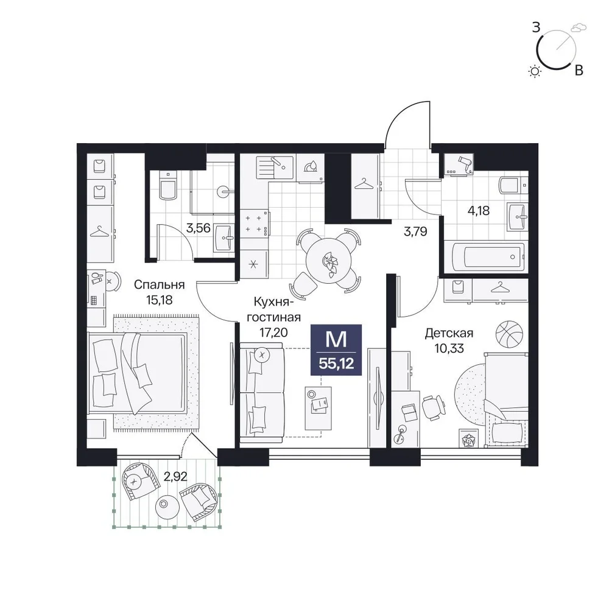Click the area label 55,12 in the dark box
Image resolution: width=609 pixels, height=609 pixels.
pyautogui.click(x=336, y=363)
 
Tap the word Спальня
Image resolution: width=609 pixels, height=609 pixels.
pyautogui.click(x=159, y=284)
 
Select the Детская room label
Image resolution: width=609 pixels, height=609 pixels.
pyautogui.click(x=449, y=333)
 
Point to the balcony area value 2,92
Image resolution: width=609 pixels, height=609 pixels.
pyautogui.click(x=175, y=476)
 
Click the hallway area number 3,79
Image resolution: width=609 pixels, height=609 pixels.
pyautogui.click(x=415, y=231)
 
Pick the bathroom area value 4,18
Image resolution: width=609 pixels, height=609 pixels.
pyautogui.click(x=479, y=211)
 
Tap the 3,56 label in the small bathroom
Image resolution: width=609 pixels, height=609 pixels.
pyautogui.click(x=198, y=228)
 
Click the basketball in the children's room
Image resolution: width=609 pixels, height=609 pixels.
pyautogui.click(x=509, y=334)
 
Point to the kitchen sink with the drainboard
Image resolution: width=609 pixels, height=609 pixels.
pyautogui.click(x=275, y=167)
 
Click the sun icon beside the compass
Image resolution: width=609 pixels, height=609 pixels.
pyautogui.click(x=535, y=71)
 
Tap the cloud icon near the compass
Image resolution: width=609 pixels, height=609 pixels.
pyautogui.click(x=579, y=27)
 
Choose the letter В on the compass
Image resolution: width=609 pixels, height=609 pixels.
pyautogui.click(x=579, y=70)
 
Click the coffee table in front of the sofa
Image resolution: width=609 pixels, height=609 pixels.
pyautogui.click(x=319, y=408)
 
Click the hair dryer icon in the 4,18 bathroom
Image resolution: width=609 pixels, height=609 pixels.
pyautogui.click(x=465, y=163)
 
